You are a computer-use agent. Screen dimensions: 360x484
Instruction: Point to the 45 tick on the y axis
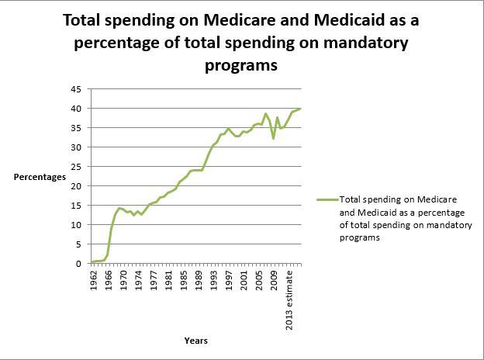(78, 89)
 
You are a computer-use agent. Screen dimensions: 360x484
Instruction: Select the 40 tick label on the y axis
(78, 109)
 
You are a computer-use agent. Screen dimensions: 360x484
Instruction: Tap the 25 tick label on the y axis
(78, 167)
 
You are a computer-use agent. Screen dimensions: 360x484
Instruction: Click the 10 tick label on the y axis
(78, 225)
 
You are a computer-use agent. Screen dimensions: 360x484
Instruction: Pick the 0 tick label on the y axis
(80, 264)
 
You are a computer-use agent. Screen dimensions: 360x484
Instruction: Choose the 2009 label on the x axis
(275, 279)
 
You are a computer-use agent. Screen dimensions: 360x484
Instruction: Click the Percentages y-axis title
(40, 177)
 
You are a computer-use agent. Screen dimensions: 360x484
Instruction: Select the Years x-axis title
(195, 340)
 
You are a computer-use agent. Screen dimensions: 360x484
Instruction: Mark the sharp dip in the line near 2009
(274, 138)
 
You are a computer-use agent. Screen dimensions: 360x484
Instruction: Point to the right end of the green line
(300, 109)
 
